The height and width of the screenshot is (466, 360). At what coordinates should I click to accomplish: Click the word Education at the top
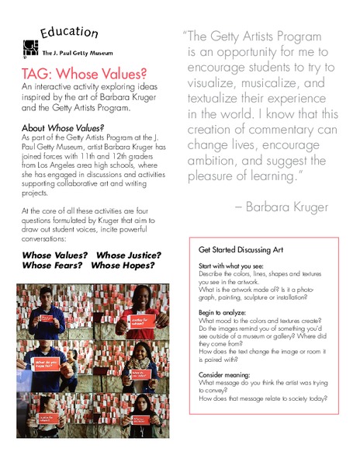tap(69, 33)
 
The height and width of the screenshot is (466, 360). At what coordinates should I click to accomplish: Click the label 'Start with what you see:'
tap(232, 266)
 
